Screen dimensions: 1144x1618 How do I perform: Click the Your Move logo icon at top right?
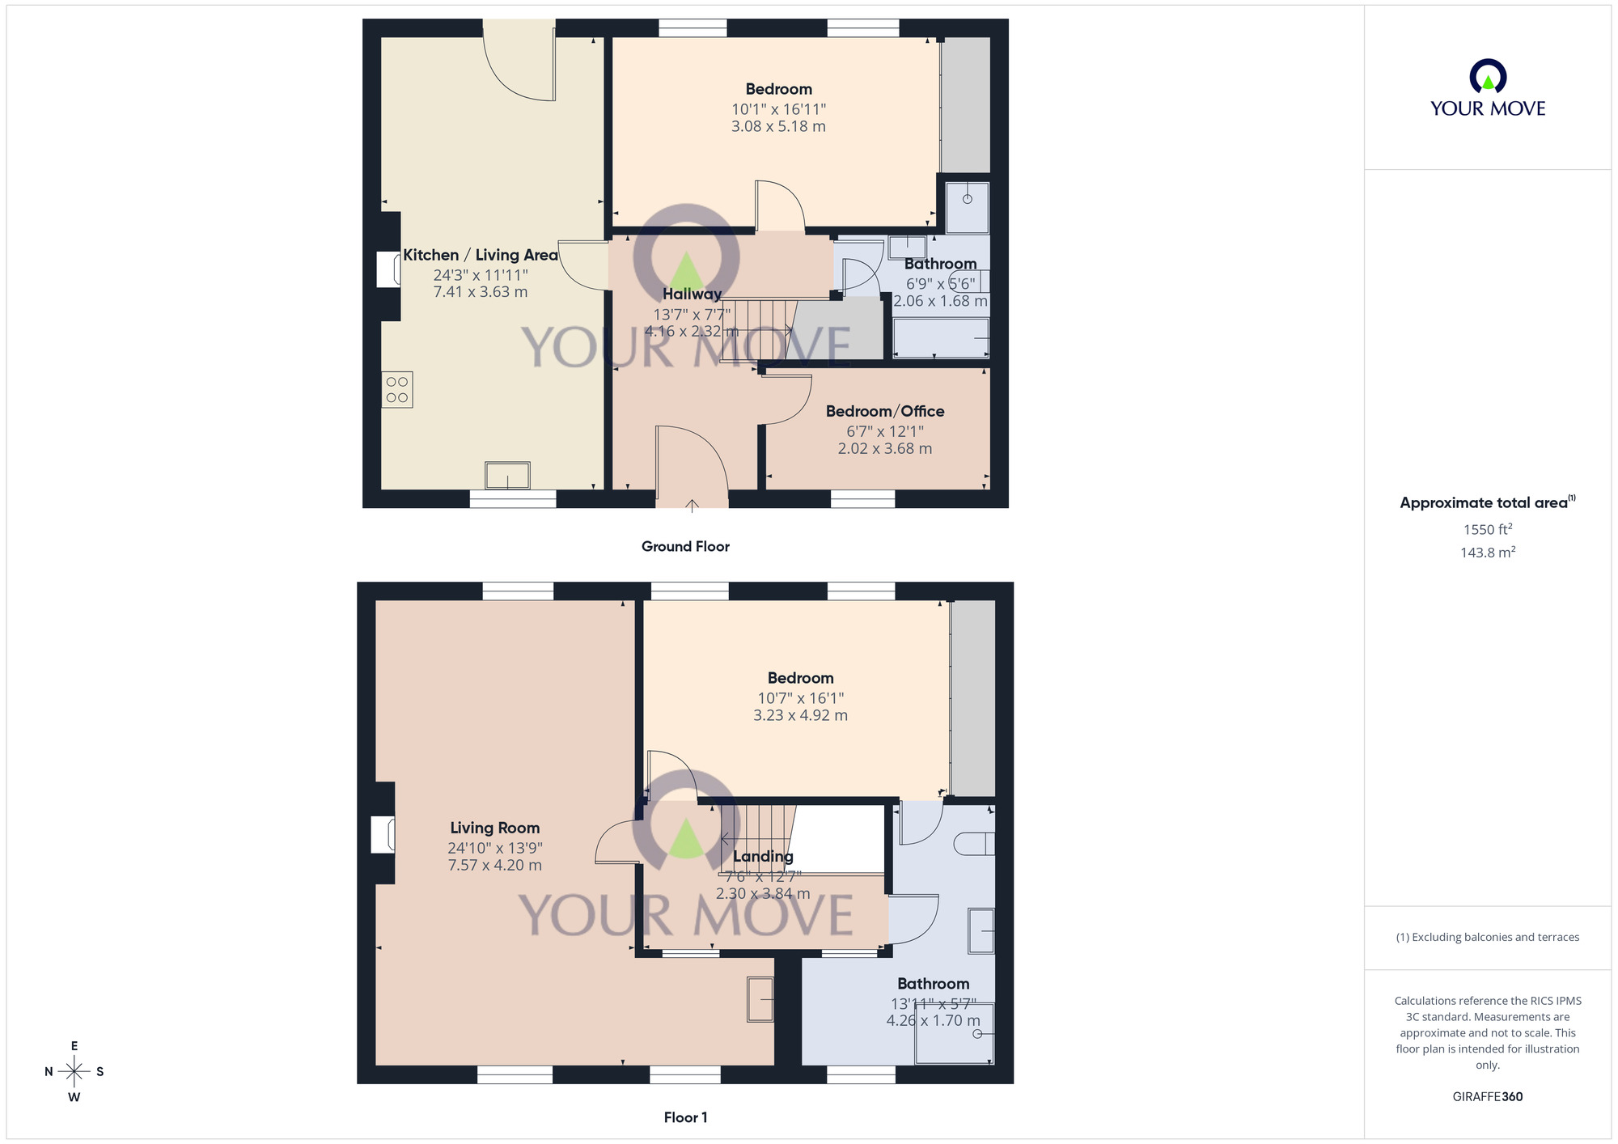(1487, 77)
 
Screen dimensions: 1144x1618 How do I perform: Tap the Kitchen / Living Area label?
(481, 255)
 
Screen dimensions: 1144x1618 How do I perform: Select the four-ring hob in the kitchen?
(397, 389)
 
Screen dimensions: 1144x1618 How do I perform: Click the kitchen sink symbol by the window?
(507, 475)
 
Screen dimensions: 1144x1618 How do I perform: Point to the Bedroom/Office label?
(885, 411)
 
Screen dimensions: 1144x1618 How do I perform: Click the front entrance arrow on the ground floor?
(692, 506)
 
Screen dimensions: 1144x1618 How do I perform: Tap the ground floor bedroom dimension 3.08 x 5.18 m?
(778, 126)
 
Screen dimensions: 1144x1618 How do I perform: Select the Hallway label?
(692, 294)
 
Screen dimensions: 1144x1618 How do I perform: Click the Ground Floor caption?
(685, 546)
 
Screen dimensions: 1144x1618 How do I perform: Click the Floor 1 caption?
(685, 1117)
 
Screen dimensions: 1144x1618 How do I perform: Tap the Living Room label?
(494, 828)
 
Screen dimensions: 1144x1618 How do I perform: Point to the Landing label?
(763, 856)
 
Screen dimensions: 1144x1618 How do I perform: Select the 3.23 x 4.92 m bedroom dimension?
(800, 715)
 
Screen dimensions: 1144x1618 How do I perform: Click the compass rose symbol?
(74, 1072)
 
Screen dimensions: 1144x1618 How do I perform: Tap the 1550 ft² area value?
(1487, 529)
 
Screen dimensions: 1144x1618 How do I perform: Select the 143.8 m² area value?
(1487, 553)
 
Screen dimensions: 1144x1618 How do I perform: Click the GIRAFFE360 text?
(1487, 1096)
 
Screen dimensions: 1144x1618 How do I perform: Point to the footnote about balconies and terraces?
(1487, 937)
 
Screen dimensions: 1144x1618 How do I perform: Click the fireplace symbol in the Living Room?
(383, 835)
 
